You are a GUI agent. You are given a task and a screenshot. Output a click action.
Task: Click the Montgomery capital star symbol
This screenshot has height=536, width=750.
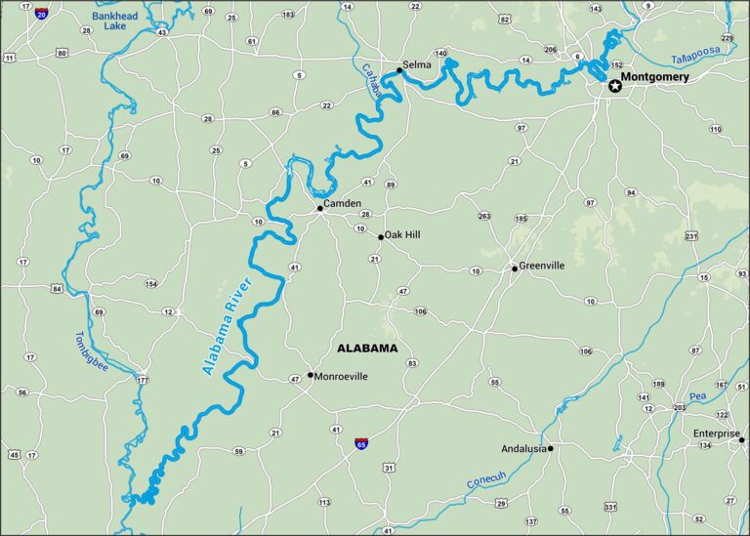[x=614, y=86]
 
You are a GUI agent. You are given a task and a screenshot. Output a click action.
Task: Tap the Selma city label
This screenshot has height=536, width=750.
[x=417, y=64]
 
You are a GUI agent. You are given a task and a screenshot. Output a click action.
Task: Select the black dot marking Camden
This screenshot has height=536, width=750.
[x=319, y=208]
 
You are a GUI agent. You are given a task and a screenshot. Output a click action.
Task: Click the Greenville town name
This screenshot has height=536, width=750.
[x=542, y=266]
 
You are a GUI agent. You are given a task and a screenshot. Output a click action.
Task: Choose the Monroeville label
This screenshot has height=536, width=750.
[x=341, y=376]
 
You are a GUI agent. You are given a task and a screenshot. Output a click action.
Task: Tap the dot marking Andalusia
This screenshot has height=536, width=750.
[x=551, y=449]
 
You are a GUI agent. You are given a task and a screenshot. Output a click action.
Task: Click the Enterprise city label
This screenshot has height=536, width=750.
[x=716, y=433]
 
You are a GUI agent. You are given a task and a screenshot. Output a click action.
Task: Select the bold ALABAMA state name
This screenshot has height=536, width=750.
[x=367, y=348]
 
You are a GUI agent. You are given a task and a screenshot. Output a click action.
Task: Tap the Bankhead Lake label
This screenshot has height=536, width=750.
[x=116, y=22]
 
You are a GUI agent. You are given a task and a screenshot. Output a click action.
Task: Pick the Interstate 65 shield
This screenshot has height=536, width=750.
[x=362, y=443]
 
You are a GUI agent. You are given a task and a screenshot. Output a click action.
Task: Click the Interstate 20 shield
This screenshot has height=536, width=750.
[x=41, y=13]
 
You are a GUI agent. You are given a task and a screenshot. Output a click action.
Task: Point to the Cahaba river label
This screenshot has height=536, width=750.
[x=372, y=81]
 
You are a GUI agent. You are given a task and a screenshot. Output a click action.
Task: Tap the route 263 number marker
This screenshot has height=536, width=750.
[x=484, y=216]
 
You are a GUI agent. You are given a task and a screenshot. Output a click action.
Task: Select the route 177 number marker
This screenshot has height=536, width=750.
[x=144, y=379]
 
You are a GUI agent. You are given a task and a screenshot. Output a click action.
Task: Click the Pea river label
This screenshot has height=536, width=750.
[x=696, y=397]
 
